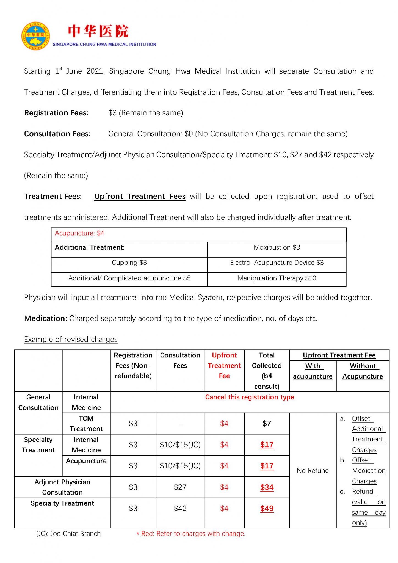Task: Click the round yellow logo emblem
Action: coord(36,36)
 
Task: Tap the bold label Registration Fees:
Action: coord(56,113)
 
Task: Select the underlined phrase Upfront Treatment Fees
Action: coord(140,196)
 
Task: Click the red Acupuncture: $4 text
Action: coord(79,233)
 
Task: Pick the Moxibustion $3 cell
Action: coord(277,247)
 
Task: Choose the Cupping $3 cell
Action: coord(129,263)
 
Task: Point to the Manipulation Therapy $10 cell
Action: coord(277,278)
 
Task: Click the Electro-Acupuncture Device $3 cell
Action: coord(277,263)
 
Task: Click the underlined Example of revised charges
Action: coord(71,339)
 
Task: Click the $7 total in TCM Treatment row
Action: coord(267,423)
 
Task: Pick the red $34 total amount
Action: coord(267,487)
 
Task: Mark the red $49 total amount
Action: coord(267,508)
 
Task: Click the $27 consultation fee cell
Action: coord(180,487)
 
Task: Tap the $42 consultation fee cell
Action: coord(180,508)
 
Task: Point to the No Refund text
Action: coord(313,470)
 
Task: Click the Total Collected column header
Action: coord(267,371)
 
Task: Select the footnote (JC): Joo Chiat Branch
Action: coord(68,534)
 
